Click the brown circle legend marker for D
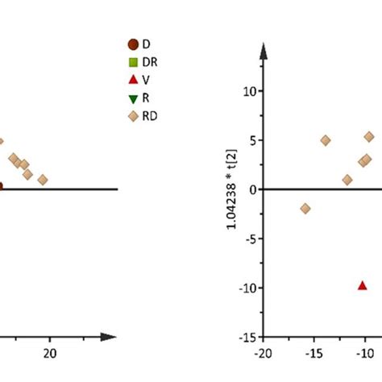[133, 44]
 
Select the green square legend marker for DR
[133, 62]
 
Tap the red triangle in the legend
[133, 81]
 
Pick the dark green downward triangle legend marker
[133, 99]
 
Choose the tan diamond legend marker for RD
[133, 118]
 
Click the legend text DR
[150, 62]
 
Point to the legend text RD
[150, 118]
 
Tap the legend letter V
[146, 81]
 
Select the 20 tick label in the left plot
[50, 352]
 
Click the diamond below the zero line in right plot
[305, 209]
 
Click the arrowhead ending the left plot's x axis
[111, 336]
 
